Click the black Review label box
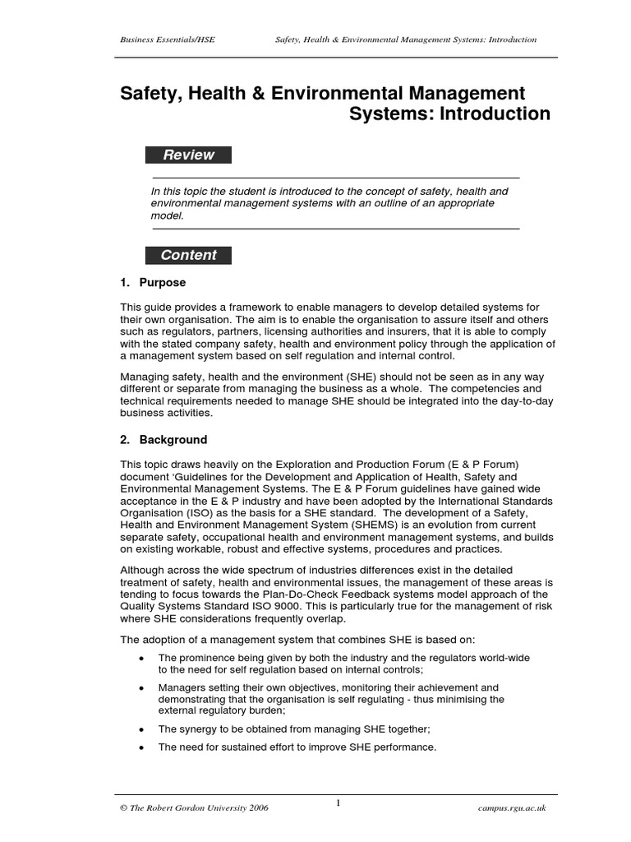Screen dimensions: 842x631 [x=188, y=155]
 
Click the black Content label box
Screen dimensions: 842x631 [x=188, y=255]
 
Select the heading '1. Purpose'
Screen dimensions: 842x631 [x=153, y=283]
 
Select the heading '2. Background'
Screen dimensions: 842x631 [x=164, y=440]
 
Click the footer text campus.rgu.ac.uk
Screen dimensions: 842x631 [x=511, y=809]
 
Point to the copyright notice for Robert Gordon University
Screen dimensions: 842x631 [x=194, y=809]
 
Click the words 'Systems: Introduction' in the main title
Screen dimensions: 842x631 [x=449, y=114]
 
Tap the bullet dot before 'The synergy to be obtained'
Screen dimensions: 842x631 [x=142, y=729]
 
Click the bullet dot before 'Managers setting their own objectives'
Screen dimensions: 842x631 [x=142, y=687]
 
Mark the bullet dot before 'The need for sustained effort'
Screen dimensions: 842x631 [x=142, y=747]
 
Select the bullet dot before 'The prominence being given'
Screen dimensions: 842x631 [x=142, y=658]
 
